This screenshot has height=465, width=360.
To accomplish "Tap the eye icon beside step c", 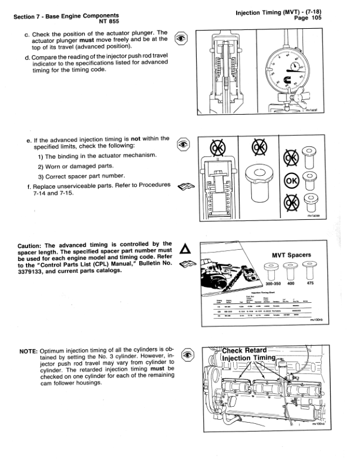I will coord(183,37).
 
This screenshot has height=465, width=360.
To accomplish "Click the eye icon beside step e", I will coord(183,143).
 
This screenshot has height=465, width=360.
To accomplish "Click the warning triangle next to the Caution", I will coord(184,249).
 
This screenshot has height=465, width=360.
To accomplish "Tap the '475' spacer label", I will coord(310,284).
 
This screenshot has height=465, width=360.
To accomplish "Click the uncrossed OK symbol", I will coord(290,179).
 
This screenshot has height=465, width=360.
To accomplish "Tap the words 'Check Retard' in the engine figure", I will coord(244,351).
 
